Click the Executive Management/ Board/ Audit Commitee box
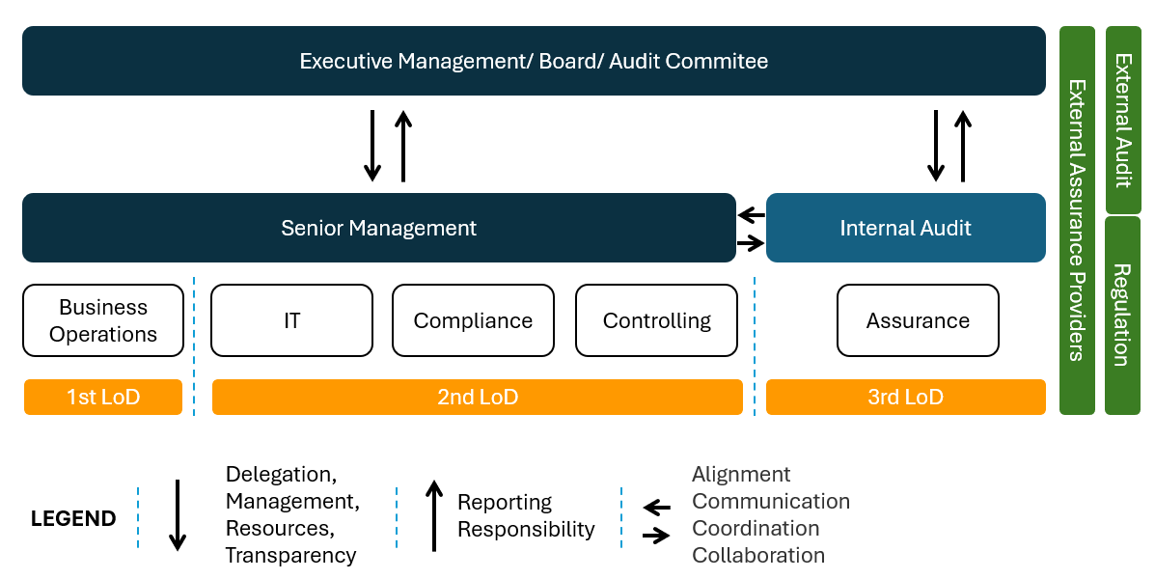[534, 61]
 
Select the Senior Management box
[379, 228]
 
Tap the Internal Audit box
[906, 228]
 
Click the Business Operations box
[103, 320]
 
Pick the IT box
[291, 320]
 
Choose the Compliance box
[473, 320]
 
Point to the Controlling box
[656, 320]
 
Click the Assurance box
[918, 320]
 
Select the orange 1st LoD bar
[103, 397]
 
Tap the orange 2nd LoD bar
[478, 397]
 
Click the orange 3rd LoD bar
[906, 397]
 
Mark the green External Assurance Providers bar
[1077, 221]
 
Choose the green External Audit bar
[1123, 120]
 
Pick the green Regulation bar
[1123, 316]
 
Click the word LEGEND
[73, 518]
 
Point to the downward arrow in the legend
[177, 515]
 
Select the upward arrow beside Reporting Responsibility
[434, 515]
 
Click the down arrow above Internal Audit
[936, 146]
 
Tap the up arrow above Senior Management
[403, 146]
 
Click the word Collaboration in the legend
[758, 556]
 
